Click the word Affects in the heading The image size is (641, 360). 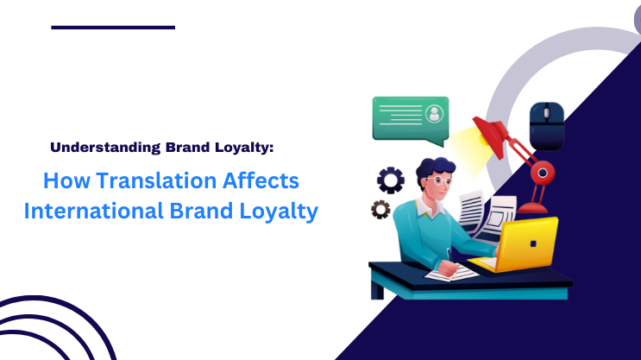(x=260, y=182)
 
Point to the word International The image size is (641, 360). (x=91, y=212)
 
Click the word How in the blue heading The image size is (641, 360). (x=64, y=182)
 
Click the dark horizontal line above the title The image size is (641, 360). (x=113, y=28)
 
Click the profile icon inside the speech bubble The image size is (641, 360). (x=433, y=114)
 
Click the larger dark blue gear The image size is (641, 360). (x=390, y=180)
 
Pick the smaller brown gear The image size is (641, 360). (x=380, y=209)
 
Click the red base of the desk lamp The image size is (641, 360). (x=535, y=208)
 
